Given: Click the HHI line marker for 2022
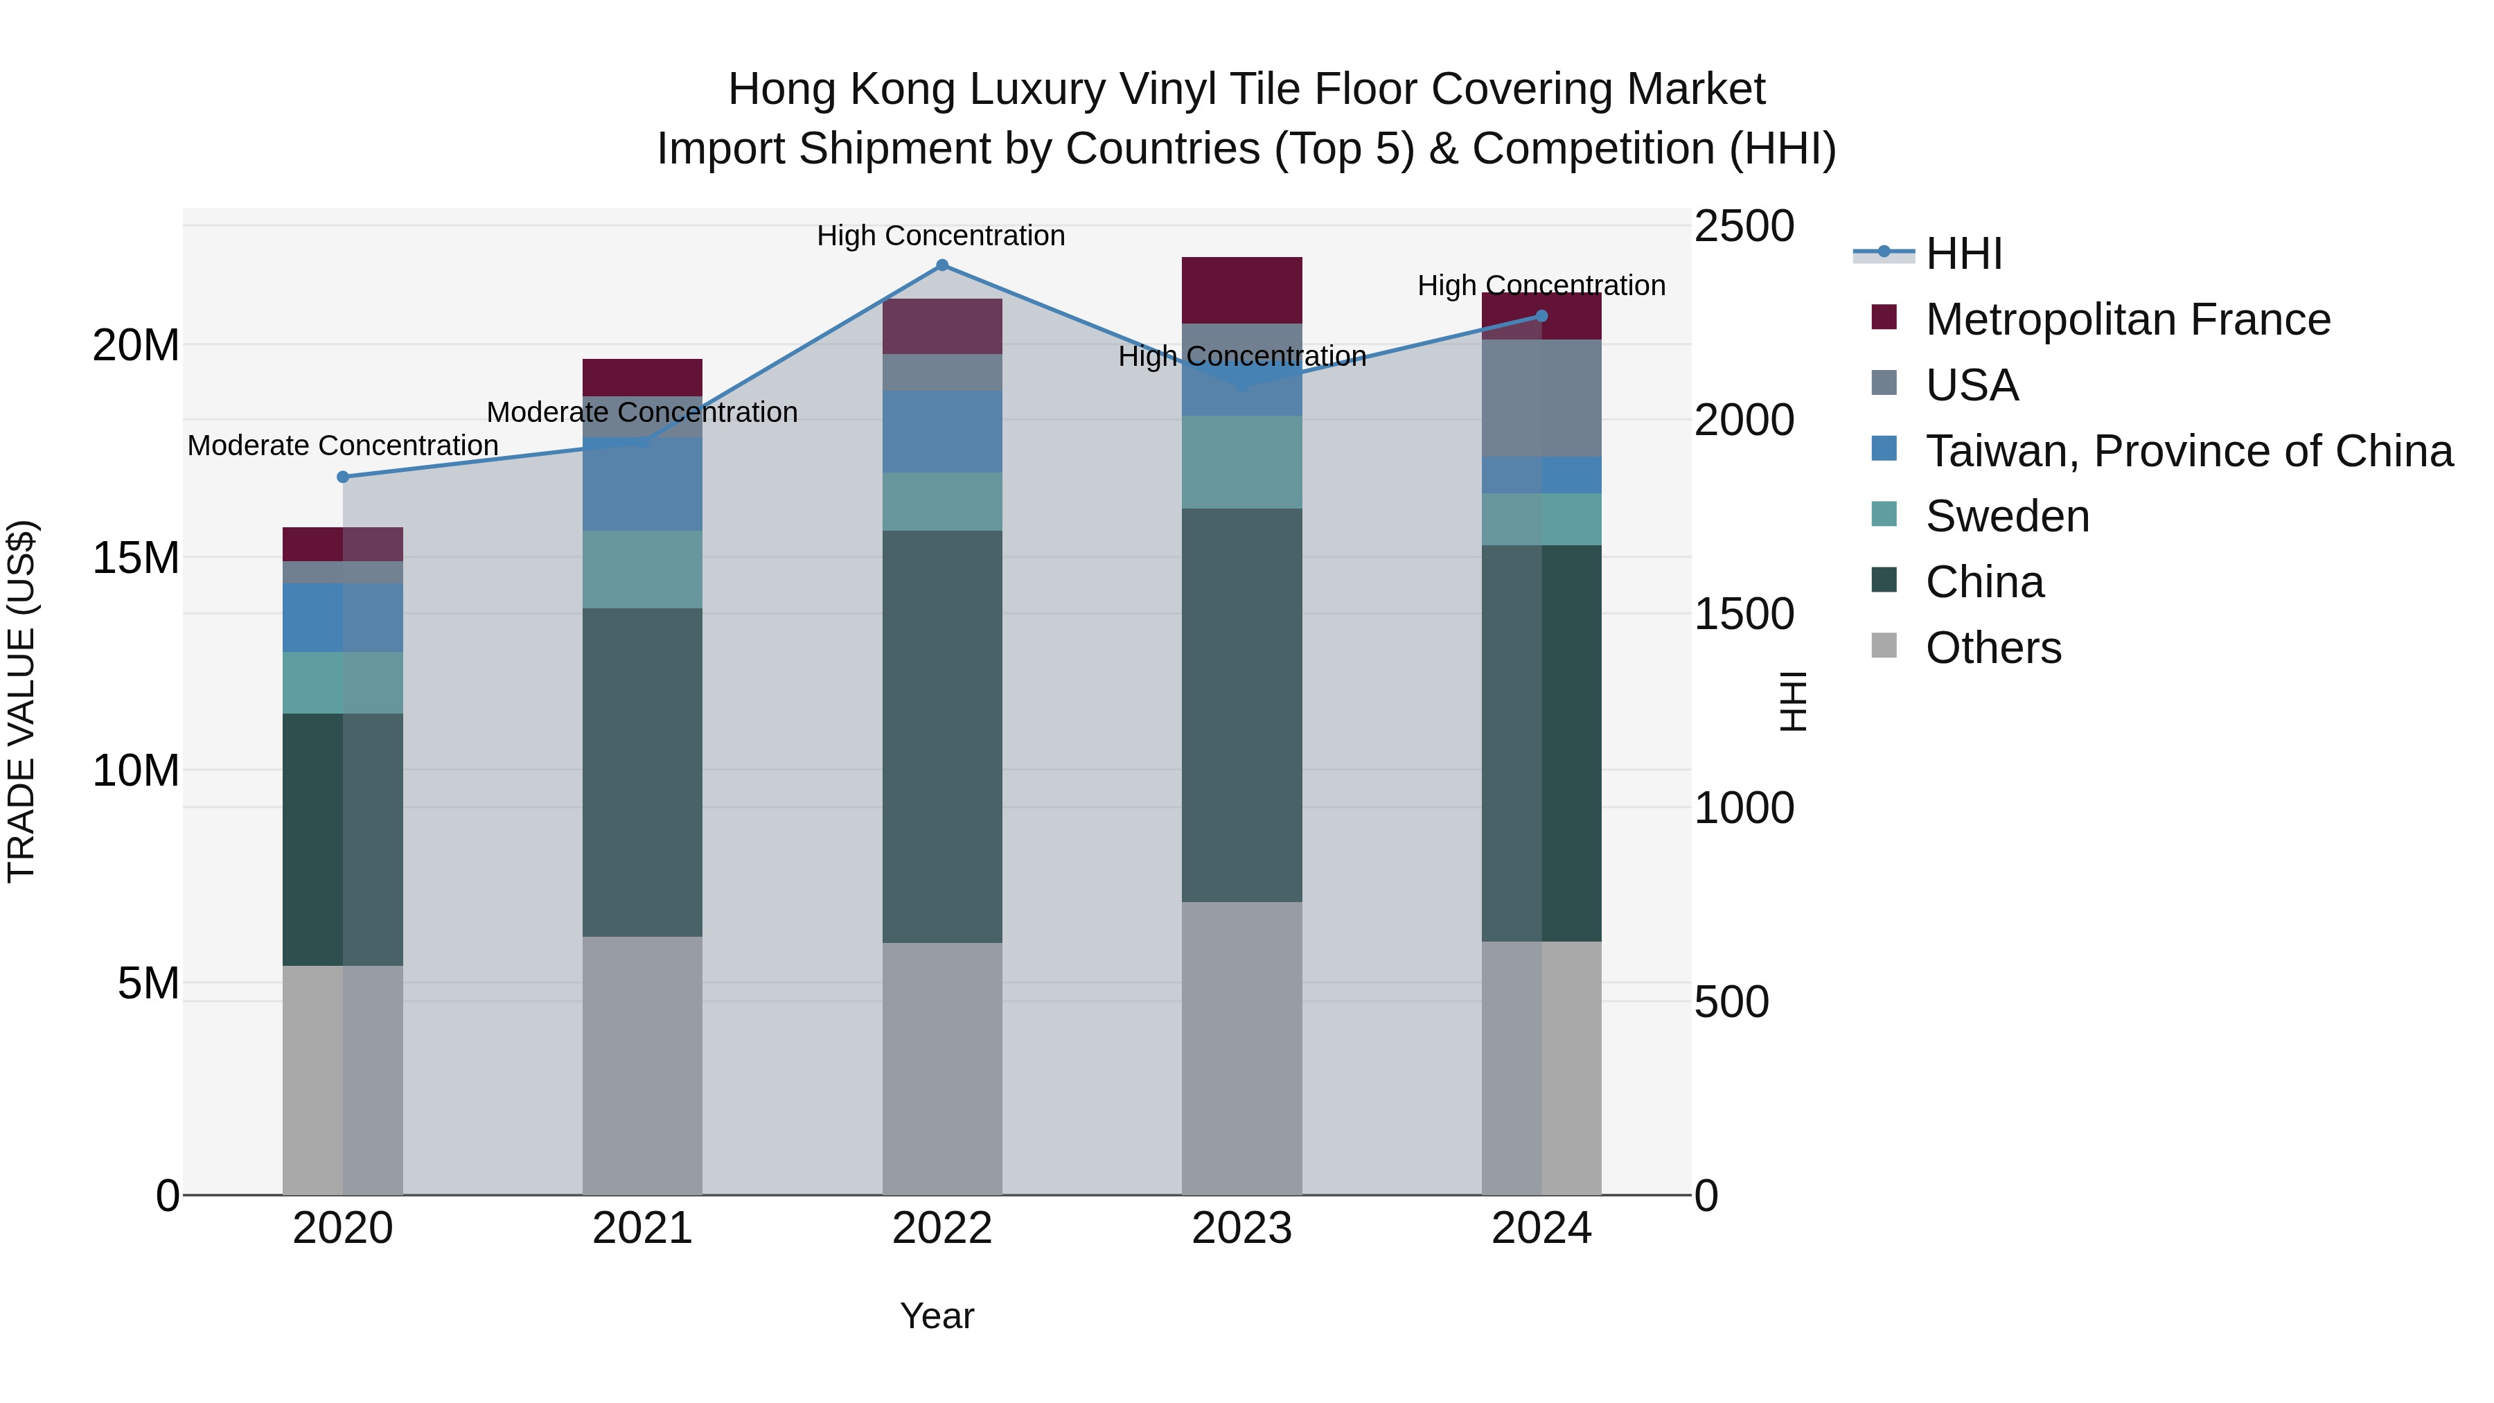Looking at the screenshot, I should point(942,265).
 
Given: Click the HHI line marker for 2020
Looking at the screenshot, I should point(343,477).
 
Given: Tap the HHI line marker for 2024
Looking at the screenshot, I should point(1542,317).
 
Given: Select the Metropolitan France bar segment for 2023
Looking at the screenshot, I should point(1242,290).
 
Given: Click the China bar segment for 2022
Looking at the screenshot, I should point(942,736).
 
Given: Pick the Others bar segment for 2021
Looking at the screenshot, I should point(642,1065).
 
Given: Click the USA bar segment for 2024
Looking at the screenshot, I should point(1542,398).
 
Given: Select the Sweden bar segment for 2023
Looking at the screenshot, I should point(1242,462).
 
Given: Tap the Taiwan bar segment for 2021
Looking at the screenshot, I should point(642,484).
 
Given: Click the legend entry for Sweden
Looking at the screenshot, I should point(2007,516).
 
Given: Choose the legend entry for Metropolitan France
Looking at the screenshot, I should point(2127,319).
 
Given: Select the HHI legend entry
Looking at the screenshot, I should point(1963,254).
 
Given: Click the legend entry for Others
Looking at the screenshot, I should point(1992,648).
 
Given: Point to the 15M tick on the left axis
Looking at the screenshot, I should point(136,558).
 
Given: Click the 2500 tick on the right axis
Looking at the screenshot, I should point(1744,227).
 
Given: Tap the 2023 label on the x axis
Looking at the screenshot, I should point(1242,1228).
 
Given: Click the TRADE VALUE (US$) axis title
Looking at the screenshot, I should point(21,701).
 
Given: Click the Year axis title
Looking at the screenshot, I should point(936,1316).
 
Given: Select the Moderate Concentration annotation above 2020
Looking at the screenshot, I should point(343,445).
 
